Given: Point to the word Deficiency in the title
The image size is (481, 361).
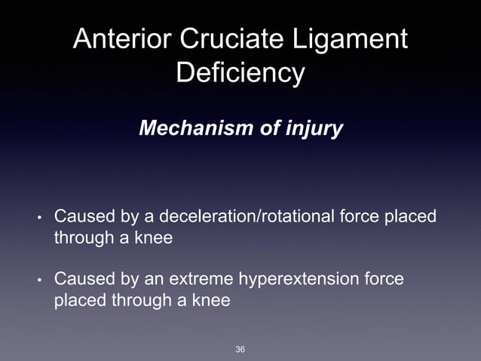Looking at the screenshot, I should tap(240, 74).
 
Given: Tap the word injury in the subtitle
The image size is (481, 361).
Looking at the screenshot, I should tap(314, 129).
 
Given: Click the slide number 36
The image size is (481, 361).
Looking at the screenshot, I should tap(240, 349).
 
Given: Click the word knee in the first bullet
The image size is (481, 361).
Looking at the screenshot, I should tap(154, 238).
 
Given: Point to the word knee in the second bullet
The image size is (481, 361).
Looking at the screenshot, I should tap(210, 301).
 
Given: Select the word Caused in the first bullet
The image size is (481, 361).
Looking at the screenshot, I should tap(79, 217).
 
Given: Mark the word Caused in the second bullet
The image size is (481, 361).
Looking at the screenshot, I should tap(79, 280).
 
